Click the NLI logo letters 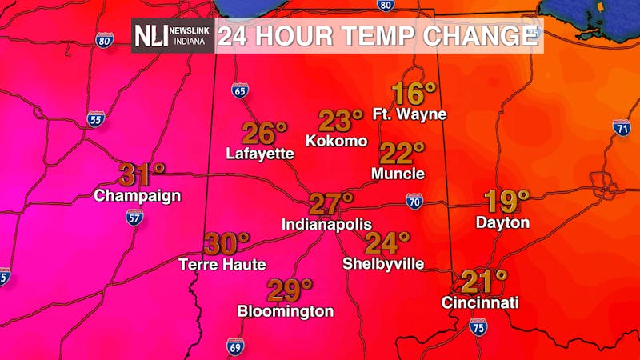pyautogui.click(x=149, y=35)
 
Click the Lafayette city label pyautogui.click(x=260, y=153)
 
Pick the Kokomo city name pyautogui.click(x=336, y=141)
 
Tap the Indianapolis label pyautogui.click(x=326, y=226)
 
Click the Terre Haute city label pyautogui.click(x=222, y=264)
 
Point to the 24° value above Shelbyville pyautogui.click(x=386, y=242)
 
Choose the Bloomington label pyautogui.click(x=286, y=311)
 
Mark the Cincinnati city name pyautogui.click(x=481, y=303)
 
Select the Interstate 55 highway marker pyautogui.click(x=96, y=120)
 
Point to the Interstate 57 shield pyautogui.click(x=134, y=216)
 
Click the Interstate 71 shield pyautogui.click(x=622, y=126)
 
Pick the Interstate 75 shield pyautogui.click(x=478, y=326)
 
